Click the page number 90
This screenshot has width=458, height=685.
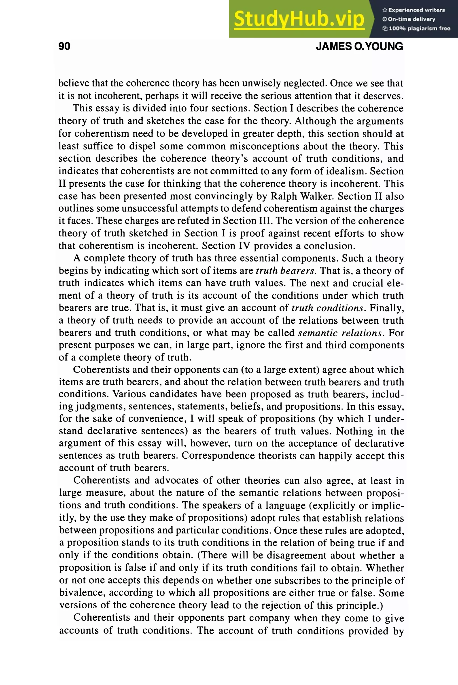click(x=64, y=46)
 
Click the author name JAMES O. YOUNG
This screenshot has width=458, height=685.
click(x=359, y=46)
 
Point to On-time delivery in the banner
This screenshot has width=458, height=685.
click(x=411, y=19)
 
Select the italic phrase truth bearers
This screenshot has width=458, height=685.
click(x=285, y=271)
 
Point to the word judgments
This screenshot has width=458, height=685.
click(x=99, y=406)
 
